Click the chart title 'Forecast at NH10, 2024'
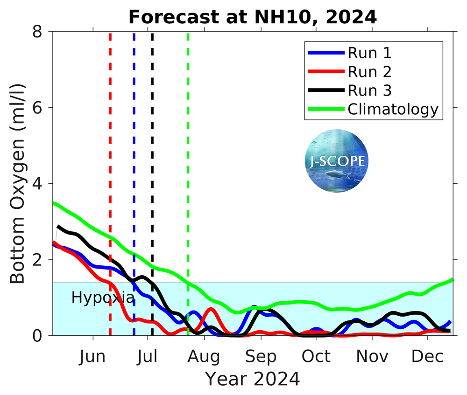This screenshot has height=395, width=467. (253, 17)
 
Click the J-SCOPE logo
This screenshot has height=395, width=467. (336, 161)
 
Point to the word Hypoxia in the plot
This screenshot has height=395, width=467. (103, 298)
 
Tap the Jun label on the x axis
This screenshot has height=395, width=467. (92, 356)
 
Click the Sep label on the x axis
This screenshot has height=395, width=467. (262, 356)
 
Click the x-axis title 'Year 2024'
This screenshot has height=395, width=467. (253, 379)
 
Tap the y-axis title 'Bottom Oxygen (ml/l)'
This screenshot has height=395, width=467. (18, 183)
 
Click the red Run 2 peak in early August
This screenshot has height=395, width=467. (211, 309)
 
